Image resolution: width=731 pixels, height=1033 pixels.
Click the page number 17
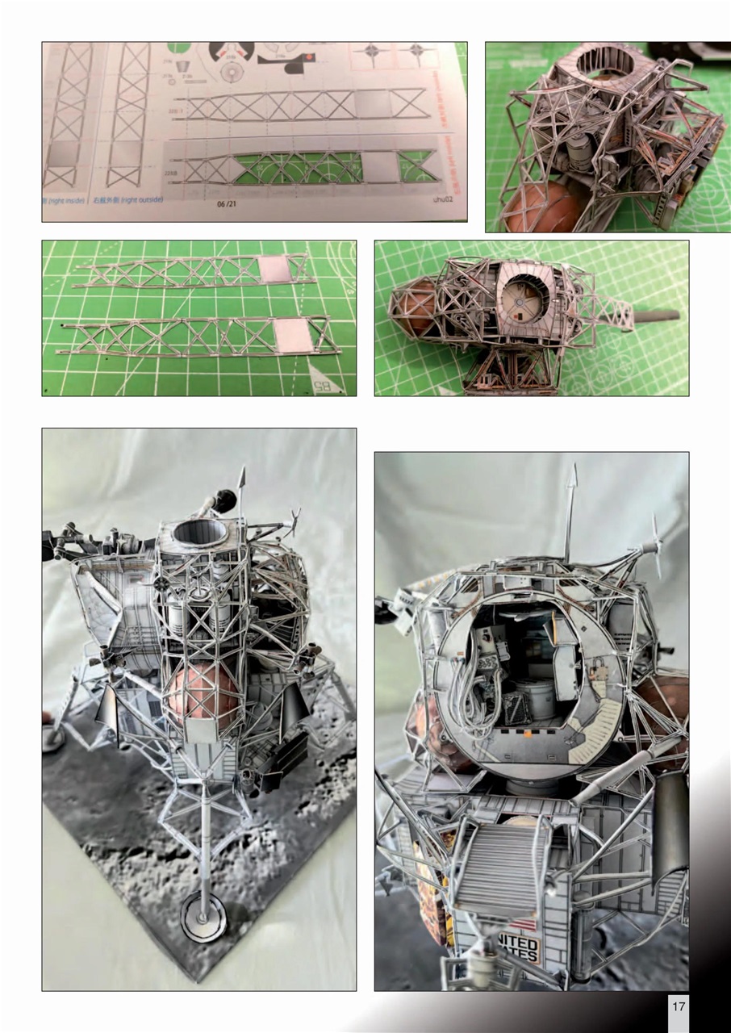(678, 1006)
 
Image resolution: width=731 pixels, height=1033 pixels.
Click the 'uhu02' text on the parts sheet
(443, 198)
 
